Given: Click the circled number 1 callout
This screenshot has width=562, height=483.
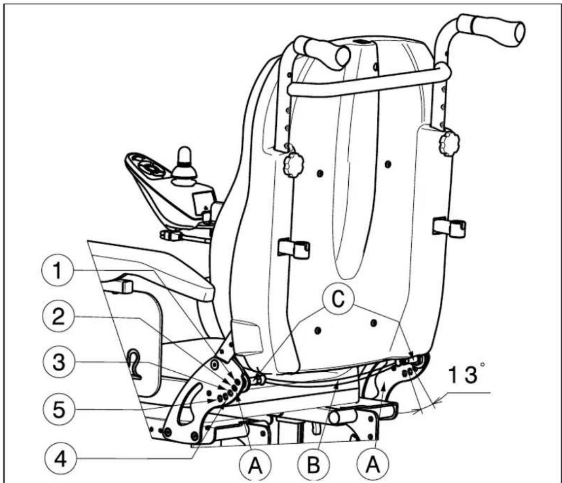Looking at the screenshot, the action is click(57, 270).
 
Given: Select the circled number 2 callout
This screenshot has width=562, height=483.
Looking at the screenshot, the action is click(58, 317).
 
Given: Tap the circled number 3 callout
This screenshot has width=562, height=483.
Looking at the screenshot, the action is click(59, 362).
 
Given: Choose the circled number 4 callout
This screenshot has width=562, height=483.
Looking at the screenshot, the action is click(60, 458).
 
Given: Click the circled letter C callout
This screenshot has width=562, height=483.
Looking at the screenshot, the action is click(338, 298).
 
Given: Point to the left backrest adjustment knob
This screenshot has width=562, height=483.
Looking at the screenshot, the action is click(293, 165).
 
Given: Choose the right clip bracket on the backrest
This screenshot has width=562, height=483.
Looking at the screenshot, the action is click(449, 227).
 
